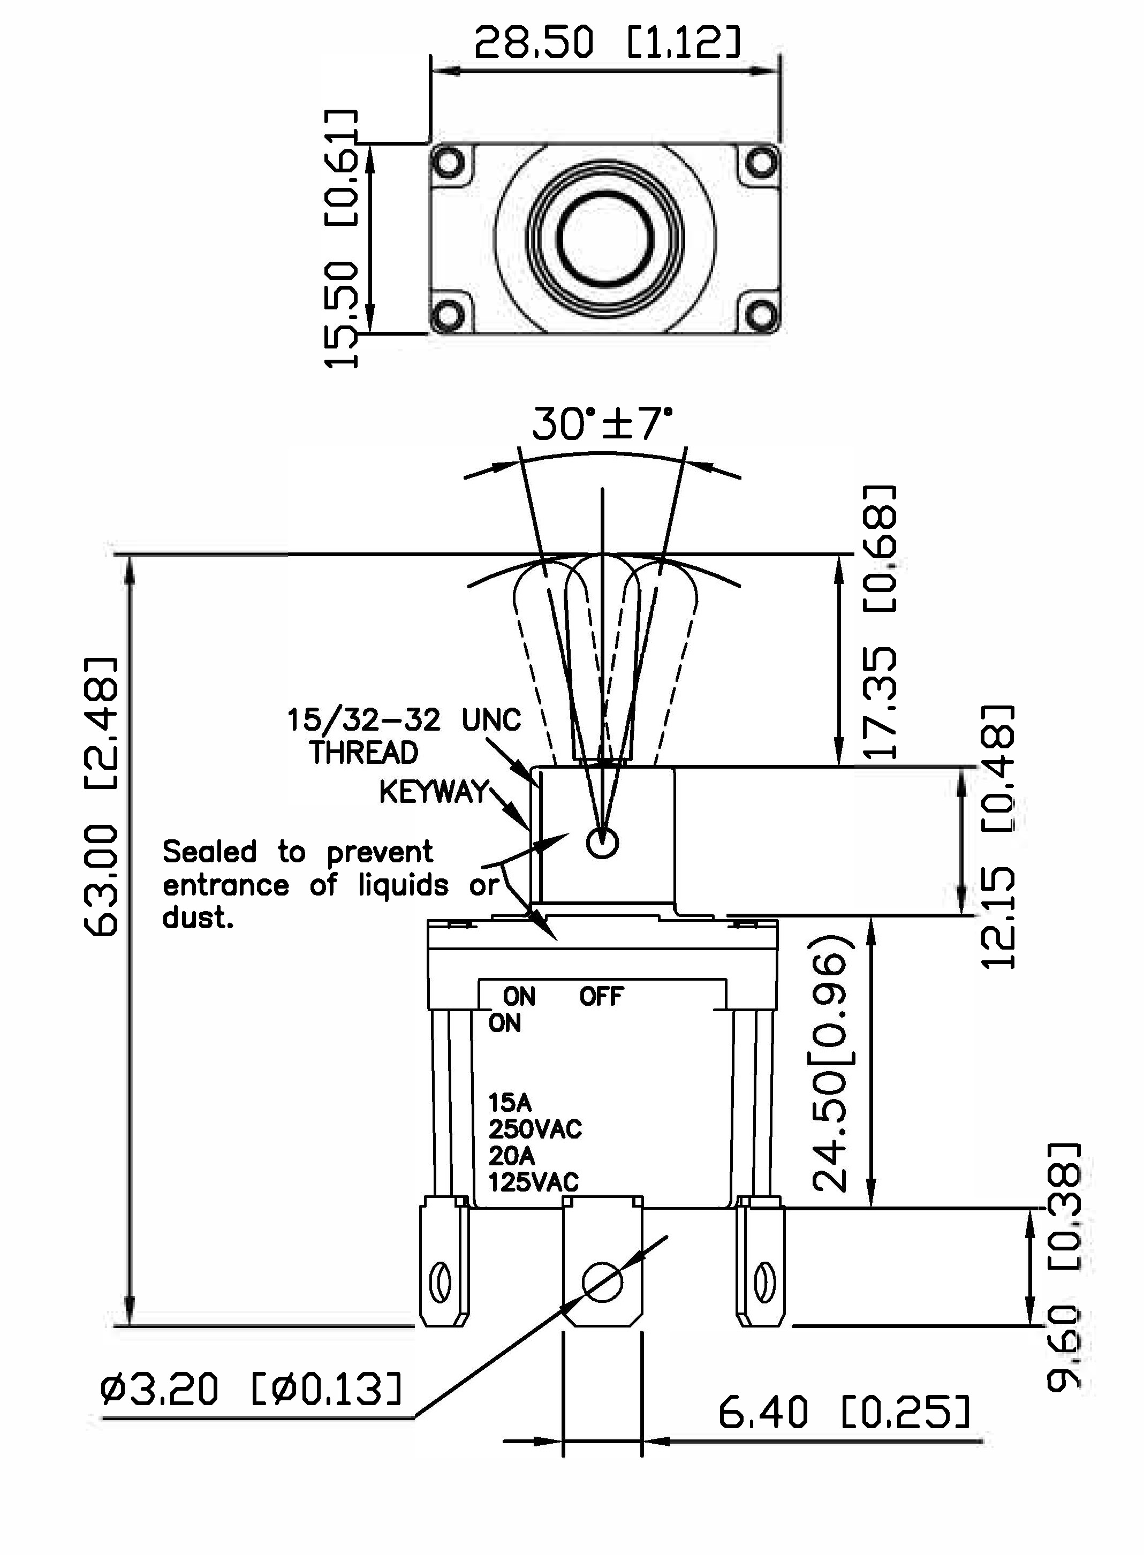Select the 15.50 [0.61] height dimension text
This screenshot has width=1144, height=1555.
point(342,239)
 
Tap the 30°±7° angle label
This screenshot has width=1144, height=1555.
point(601,424)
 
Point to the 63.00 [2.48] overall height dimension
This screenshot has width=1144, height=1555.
point(101,796)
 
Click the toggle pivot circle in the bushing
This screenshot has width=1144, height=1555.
point(602,843)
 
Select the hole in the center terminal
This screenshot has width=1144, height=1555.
point(602,1283)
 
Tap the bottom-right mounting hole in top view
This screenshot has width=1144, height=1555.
point(762,316)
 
